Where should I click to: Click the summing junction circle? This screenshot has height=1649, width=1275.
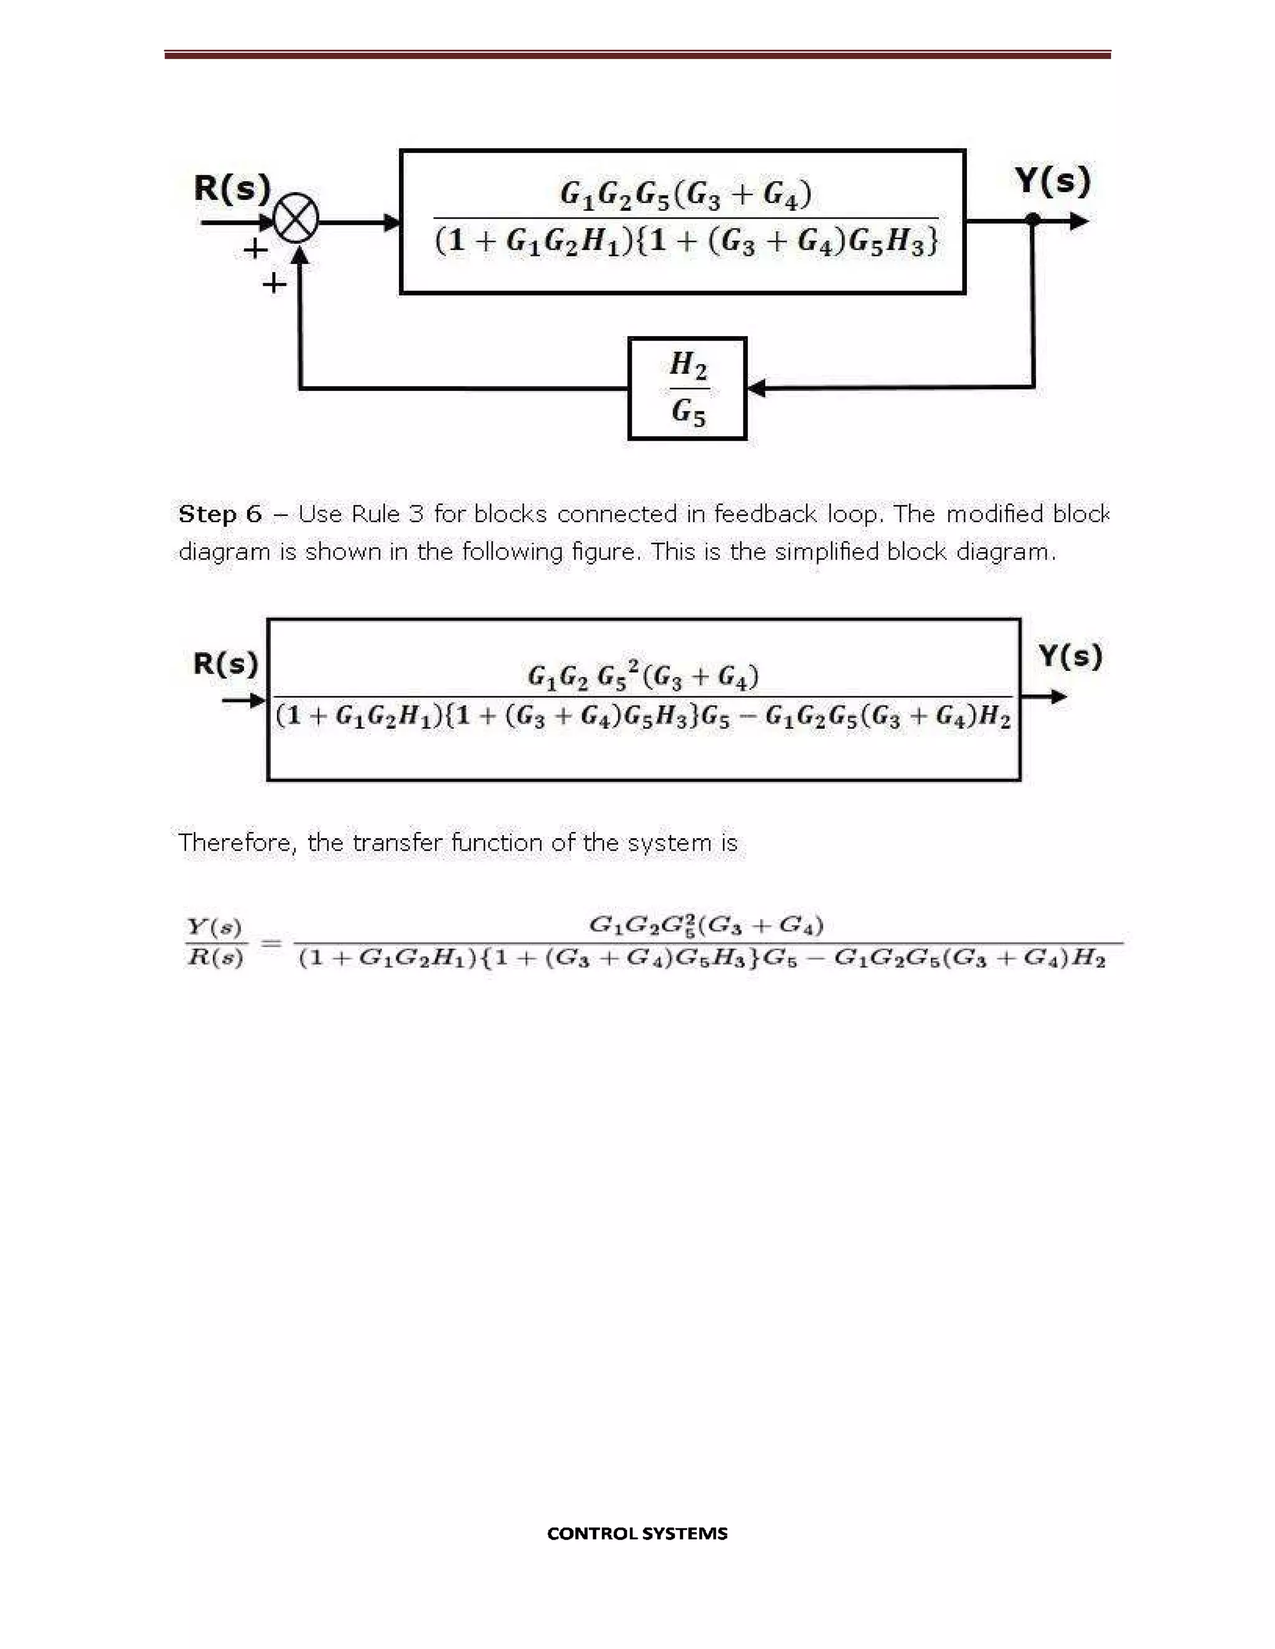click(295, 222)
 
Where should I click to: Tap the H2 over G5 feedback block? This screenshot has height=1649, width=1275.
click(687, 388)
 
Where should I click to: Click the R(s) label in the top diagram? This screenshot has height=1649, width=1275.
click(232, 189)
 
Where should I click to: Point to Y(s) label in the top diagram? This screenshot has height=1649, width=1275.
click(1052, 181)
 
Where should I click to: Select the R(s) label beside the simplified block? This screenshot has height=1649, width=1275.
click(225, 665)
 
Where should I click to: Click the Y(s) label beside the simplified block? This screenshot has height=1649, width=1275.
click(1070, 656)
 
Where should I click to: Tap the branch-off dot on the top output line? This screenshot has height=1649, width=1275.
click(1033, 220)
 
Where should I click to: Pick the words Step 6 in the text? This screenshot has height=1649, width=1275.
click(220, 514)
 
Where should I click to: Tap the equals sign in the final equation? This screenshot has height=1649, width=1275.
click(271, 942)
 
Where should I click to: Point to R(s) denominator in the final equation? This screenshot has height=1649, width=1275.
click(215, 958)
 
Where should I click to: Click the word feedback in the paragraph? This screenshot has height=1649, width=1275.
click(765, 514)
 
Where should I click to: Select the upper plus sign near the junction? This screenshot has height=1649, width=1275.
click(255, 248)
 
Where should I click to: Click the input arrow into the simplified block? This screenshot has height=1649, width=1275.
click(245, 701)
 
